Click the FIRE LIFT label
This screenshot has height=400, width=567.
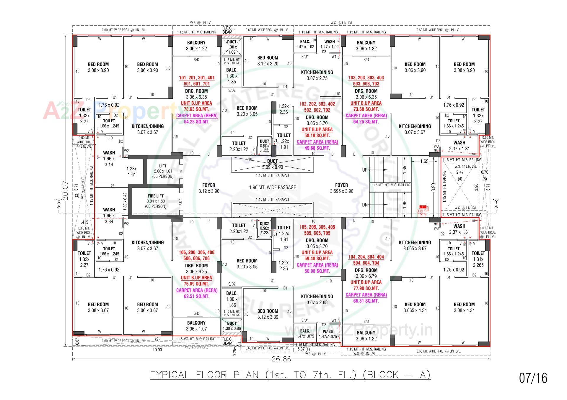click(156, 196)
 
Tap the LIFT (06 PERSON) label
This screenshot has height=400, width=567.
click(163, 171)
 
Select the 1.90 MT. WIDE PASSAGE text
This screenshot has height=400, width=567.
click(272, 187)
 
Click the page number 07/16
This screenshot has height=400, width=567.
click(533, 378)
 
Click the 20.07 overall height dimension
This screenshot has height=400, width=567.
click(66, 191)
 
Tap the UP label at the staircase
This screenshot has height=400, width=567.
click(365, 170)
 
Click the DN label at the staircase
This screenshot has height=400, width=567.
click(365, 205)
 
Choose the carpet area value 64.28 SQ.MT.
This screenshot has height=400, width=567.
click(196, 122)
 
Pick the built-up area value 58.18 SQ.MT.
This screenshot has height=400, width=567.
click(317, 136)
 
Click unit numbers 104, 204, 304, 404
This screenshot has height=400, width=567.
click(366, 257)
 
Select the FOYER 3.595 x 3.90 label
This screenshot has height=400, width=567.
click(341, 188)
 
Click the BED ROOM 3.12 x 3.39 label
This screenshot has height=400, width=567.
click(268, 314)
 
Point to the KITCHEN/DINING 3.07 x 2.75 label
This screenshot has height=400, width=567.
click(317, 75)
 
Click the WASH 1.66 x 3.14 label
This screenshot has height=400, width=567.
click(109, 159)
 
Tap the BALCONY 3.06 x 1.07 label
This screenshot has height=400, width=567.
click(196, 326)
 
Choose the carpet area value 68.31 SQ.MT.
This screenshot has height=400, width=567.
click(366, 301)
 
